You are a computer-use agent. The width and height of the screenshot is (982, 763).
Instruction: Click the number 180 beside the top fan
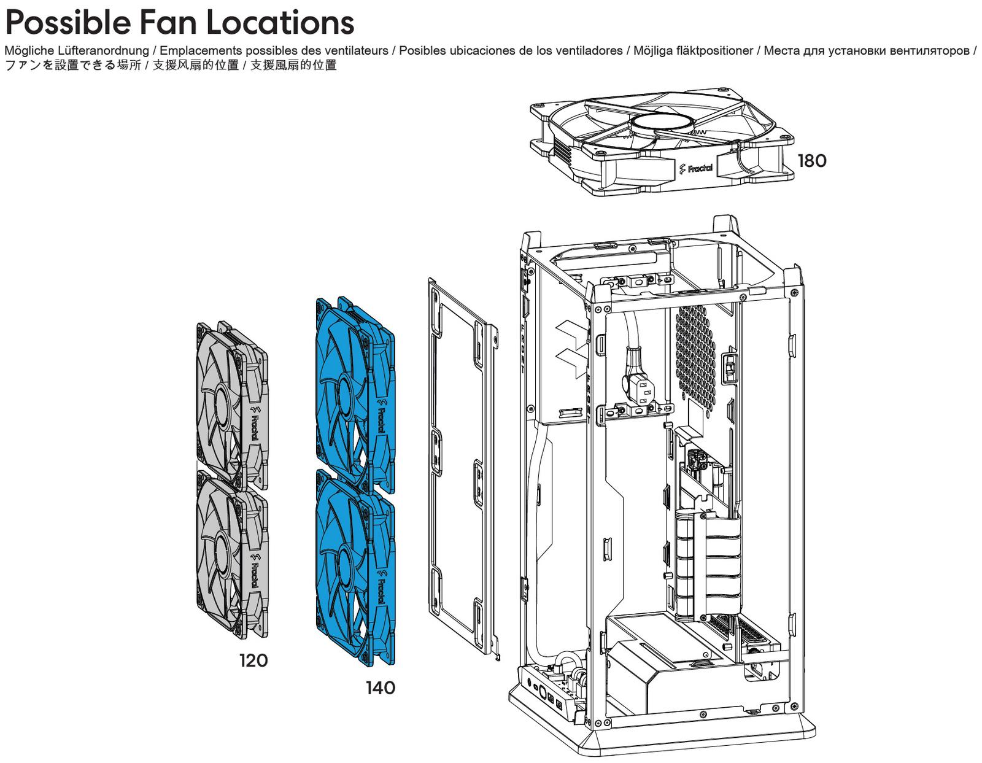tap(811, 161)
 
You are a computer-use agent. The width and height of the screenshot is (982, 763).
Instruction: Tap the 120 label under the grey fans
tap(253, 660)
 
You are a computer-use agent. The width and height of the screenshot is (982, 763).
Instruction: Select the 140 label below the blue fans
tap(381, 688)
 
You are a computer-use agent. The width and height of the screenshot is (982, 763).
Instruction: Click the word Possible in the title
tap(68, 23)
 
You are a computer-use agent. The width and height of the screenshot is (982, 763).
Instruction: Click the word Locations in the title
tap(280, 23)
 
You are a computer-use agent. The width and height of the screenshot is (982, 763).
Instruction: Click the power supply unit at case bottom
tap(663, 675)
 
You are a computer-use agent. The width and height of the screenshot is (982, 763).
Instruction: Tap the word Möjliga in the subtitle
tap(654, 51)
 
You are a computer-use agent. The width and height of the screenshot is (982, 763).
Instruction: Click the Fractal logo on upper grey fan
tap(253, 423)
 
